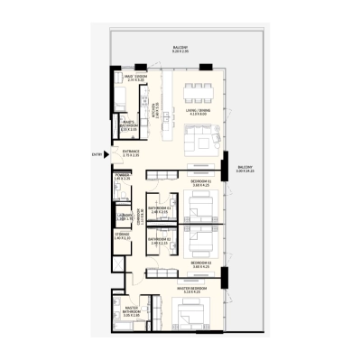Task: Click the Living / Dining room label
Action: pos(197,112)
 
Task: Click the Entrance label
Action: pos(132,154)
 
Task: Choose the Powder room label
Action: pos(123,178)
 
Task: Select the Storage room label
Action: pos(123,236)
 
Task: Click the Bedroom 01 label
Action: pos(201,183)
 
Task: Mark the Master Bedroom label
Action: pos(193,290)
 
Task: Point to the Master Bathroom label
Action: pos(130,313)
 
